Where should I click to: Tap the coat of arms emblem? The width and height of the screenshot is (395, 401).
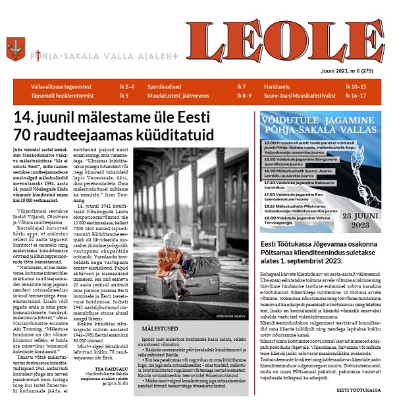[x=15, y=49]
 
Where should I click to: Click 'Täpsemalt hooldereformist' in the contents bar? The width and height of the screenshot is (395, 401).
[x=59, y=96]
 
